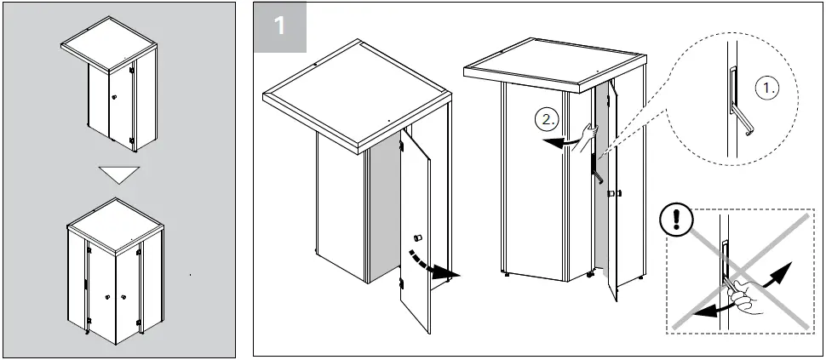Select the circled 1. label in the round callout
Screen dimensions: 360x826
coord(768,89)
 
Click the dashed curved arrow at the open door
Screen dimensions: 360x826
coord(431,266)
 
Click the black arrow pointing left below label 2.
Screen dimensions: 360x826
coord(559,144)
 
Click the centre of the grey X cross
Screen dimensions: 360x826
coord(737,271)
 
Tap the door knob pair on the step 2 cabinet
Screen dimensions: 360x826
coord(614,195)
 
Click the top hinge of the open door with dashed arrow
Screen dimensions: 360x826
coord(401,148)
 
